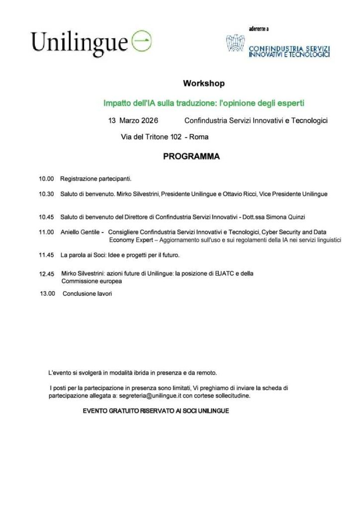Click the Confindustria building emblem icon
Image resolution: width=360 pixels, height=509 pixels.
coord(235,43)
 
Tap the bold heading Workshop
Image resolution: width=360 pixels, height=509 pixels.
coord(204,84)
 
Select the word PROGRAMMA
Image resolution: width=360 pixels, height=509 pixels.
coord(191,157)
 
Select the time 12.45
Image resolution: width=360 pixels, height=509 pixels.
coord(47,274)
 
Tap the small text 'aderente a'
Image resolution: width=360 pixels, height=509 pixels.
coord(259,28)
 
